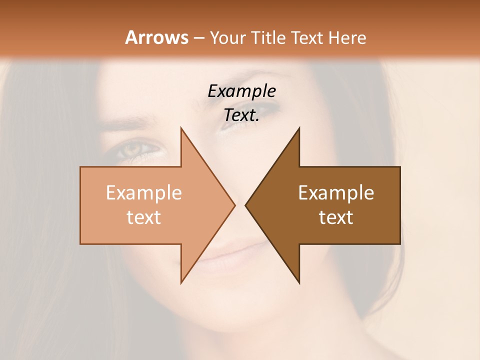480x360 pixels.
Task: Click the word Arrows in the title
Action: click(x=156, y=37)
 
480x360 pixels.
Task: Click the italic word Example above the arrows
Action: click(x=241, y=91)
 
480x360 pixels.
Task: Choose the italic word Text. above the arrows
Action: click(x=241, y=115)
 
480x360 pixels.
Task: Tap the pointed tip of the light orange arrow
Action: click(x=234, y=205)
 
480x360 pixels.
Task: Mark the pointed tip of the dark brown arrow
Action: click(x=246, y=205)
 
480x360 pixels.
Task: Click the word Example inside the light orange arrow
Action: click(x=143, y=193)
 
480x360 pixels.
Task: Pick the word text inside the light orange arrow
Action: click(x=143, y=217)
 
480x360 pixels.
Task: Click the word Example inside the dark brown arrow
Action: click(x=336, y=193)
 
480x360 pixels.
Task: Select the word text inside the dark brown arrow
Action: click(x=336, y=217)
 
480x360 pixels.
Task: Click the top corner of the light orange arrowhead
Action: click(x=181, y=128)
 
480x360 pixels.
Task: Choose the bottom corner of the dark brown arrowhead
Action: click(x=299, y=282)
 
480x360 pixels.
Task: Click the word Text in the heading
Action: click(x=308, y=37)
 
